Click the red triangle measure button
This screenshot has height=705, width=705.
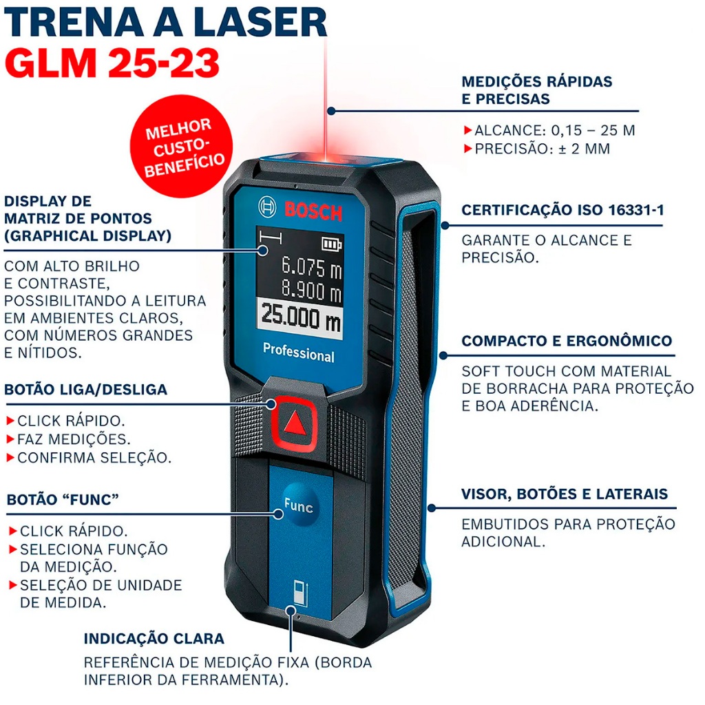[295, 423]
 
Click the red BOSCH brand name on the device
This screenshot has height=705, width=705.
[313, 211]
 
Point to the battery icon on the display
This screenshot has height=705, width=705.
[332, 244]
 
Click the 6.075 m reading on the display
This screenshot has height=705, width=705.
[312, 267]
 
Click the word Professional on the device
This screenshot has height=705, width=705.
[299, 352]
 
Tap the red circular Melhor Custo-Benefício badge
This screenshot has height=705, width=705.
[182, 146]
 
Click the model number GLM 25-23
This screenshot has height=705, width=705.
[112, 62]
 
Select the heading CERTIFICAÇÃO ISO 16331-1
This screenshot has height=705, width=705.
[562, 210]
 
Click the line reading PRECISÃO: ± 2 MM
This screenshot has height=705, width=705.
[538, 149]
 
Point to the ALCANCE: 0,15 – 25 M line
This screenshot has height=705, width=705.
[550, 130]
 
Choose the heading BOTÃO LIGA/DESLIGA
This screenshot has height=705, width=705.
[86, 390]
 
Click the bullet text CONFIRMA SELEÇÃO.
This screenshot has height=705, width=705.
[90, 458]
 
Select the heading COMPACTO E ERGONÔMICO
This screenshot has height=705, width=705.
[567, 341]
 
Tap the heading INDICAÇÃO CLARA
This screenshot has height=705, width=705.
[154, 638]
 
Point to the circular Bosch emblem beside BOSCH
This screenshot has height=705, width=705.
[268, 207]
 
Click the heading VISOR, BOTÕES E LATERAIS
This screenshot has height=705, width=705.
[565, 494]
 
